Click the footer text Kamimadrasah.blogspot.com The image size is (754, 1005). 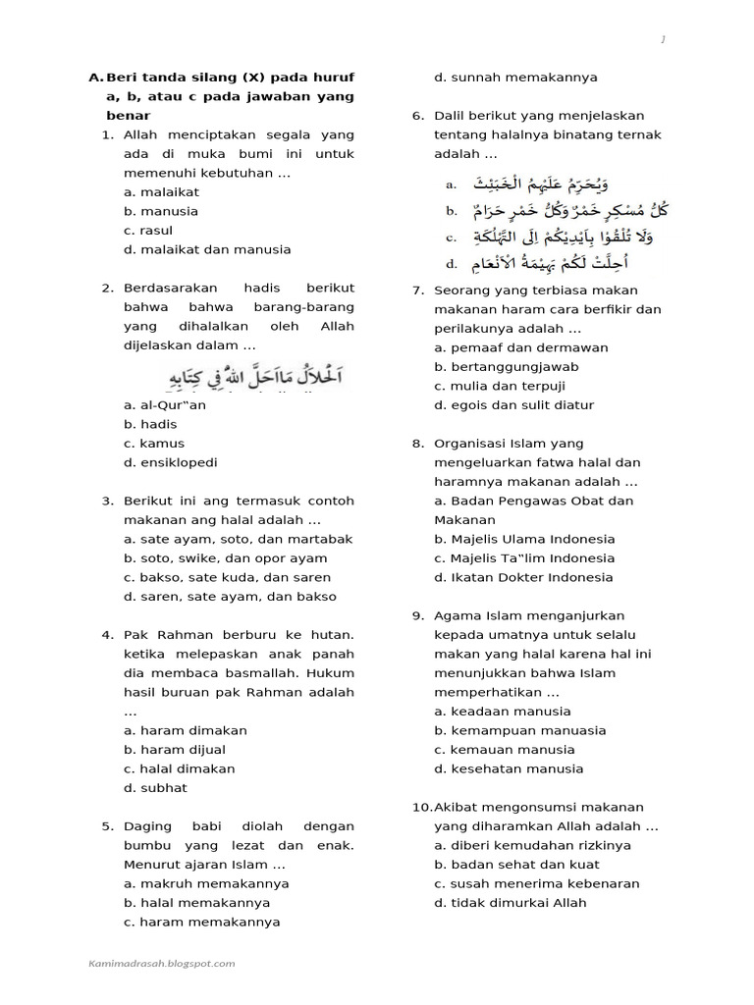(x=161, y=963)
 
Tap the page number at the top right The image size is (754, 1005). (x=664, y=39)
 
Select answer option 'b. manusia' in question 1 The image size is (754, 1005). (x=161, y=211)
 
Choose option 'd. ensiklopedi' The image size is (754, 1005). (x=171, y=462)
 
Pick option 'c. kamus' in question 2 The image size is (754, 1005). (x=154, y=444)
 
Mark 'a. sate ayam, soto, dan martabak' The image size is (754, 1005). (x=239, y=539)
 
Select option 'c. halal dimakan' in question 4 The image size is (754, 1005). (x=180, y=768)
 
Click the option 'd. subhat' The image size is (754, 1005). (x=155, y=788)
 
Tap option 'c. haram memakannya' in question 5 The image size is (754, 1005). (x=201, y=922)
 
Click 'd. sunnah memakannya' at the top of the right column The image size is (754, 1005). (x=516, y=78)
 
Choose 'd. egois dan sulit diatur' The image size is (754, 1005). (x=515, y=404)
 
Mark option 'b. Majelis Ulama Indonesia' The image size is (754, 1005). (x=525, y=539)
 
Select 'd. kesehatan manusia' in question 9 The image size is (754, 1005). (x=509, y=768)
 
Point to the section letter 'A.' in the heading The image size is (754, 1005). (x=95, y=78)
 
